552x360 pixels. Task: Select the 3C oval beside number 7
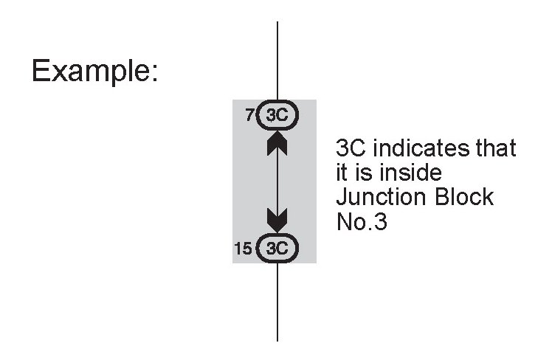pos(277,116)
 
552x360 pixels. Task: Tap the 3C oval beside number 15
pos(277,248)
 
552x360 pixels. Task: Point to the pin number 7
pos(249,116)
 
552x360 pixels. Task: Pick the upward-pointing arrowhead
pos(277,142)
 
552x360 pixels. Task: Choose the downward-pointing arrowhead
pos(277,219)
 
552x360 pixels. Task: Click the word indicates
pos(416,149)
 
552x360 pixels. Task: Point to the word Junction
pos(382,198)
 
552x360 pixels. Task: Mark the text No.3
pos(362,222)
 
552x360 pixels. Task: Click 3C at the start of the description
pos(352,149)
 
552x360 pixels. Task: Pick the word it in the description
pos(342,173)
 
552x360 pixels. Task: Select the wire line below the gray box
pos(277,302)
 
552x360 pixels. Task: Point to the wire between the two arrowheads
pos(277,181)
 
